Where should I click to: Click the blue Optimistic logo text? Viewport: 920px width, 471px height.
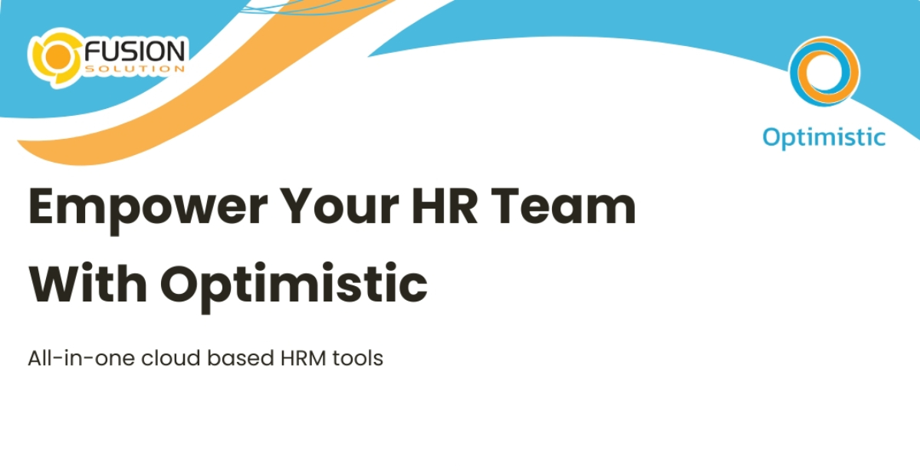pyautogui.click(x=823, y=137)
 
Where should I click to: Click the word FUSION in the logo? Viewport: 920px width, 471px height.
pyautogui.click(x=135, y=52)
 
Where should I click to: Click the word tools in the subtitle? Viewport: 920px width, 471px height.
pyautogui.click(x=357, y=358)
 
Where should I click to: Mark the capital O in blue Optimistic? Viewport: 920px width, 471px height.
pyautogui.click(x=772, y=137)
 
